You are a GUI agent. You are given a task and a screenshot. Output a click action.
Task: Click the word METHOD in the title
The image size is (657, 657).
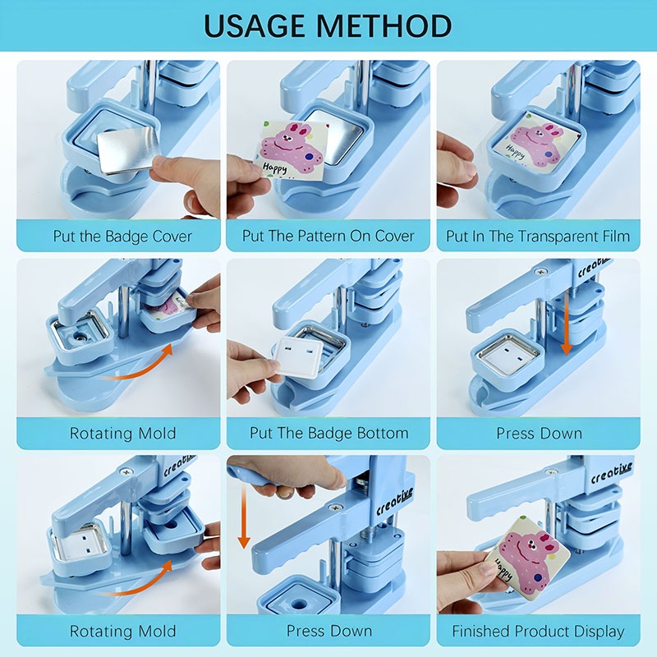(x=384, y=25)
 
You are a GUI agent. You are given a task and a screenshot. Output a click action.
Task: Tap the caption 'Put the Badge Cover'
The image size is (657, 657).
(x=122, y=237)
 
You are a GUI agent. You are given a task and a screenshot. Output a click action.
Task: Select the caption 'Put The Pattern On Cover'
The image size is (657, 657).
(x=328, y=236)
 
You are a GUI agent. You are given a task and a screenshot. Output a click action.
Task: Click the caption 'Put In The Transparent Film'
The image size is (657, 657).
(x=538, y=237)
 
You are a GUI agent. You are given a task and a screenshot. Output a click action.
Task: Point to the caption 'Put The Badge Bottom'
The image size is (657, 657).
(x=329, y=433)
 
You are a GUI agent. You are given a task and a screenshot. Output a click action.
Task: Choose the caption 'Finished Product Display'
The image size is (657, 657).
(x=538, y=631)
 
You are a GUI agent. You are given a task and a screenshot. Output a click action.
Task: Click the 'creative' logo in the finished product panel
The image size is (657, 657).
(x=611, y=473)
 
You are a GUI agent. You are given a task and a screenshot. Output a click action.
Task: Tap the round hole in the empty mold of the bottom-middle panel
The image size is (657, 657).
(x=299, y=604)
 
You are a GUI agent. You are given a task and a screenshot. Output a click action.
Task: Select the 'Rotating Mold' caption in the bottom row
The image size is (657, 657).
(x=122, y=631)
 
